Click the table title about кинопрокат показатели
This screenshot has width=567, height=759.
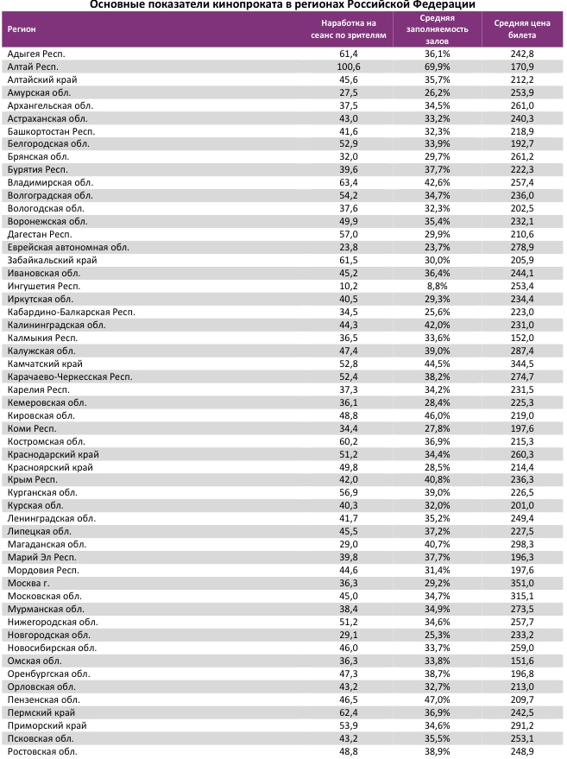coord(282,4)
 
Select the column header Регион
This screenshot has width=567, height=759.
coord(22,28)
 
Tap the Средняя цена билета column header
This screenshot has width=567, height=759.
coord(522,29)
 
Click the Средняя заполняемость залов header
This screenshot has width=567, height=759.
coord(438,28)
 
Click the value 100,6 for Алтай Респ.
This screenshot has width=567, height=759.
coord(348,66)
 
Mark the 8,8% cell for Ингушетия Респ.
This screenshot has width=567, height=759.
coord(438,286)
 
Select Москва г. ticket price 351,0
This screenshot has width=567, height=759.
coord(522,583)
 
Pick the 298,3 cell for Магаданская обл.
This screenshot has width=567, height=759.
coord(522,544)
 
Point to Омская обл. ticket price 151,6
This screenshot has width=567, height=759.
coord(522,661)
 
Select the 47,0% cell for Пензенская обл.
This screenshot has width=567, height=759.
coord(438,699)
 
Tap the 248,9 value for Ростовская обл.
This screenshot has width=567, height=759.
coord(522,751)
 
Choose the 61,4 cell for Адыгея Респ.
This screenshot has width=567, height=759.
coord(348,54)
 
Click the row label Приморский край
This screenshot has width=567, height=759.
coord(47,725)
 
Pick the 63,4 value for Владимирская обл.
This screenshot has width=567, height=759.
coord(348,182)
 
